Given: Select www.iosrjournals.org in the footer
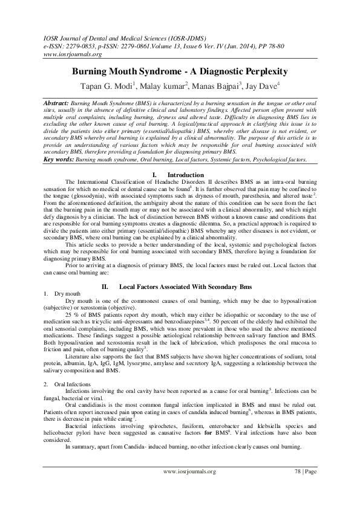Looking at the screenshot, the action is pyautogui.click(x=191, y=487).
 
